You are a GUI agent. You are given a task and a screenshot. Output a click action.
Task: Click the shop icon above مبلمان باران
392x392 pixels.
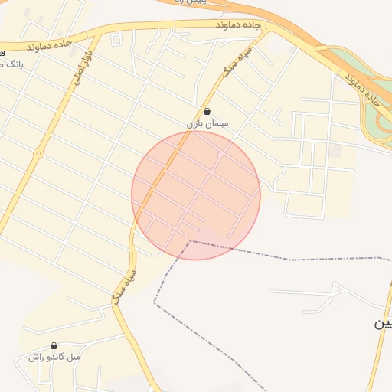pyautogui.click(x=207, y=111)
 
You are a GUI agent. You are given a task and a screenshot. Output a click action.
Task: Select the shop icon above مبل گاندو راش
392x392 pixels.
pyautogui.click(x=54, y=346)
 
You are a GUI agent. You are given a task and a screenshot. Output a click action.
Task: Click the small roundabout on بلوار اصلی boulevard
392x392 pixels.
pyautogui.click(x=37, y=153)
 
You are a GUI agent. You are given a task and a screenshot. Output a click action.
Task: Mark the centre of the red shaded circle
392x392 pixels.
pyautogui.click(x=196, y=195)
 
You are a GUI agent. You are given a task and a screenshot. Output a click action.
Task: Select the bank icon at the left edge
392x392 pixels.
pyautogui.click(x=2, y=52)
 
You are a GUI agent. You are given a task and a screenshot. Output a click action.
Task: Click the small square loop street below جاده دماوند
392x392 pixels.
pyautogui.click(x=116, y=38)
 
